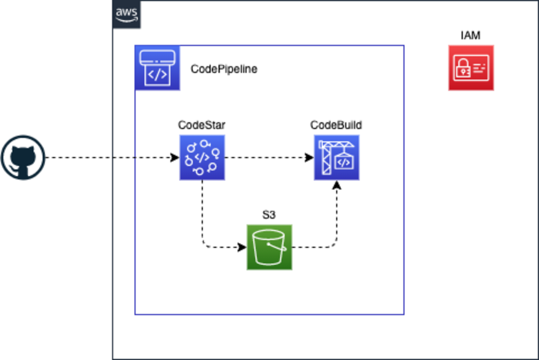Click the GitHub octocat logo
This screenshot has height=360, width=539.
pyautogui.click(x=23, y=157)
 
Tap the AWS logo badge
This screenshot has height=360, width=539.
pyautogui.click(x=126, y=15)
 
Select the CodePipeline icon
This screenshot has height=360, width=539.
pyautogui.click(x=157, y=68)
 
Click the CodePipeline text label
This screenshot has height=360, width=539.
pyautogui.click(x=224, y=69)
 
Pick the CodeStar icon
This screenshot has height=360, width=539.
pyautogui.click(x=202, y=157)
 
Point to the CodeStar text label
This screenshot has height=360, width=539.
pyautogui.click(x=202, y=125)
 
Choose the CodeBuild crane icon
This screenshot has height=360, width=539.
pyautogui.click(x=336, y=157)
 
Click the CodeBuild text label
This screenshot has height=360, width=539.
pyautogui.click(x=336, y=125)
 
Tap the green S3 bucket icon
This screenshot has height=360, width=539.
pyautogui.click(x=269, y=247)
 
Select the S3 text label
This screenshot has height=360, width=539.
pyautogui.click(x=269, y=215)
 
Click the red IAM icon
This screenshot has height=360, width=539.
pyautogui.click(x=471, y=68)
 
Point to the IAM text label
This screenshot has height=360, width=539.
pyautogui.click(x=471, y=36)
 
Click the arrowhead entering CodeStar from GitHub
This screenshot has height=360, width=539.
pyautogui.click(x=175, y=158)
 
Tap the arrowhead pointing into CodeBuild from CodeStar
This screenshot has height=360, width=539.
pyautogui.click(x=310, y=158)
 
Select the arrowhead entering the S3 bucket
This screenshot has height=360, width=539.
pyautogui.click(x=242, y=248)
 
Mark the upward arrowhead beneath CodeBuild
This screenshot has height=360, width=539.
pyautogui.click(x=337, y=185)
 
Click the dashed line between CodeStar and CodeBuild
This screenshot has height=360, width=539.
pyautogui.click(x=265, y=158)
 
